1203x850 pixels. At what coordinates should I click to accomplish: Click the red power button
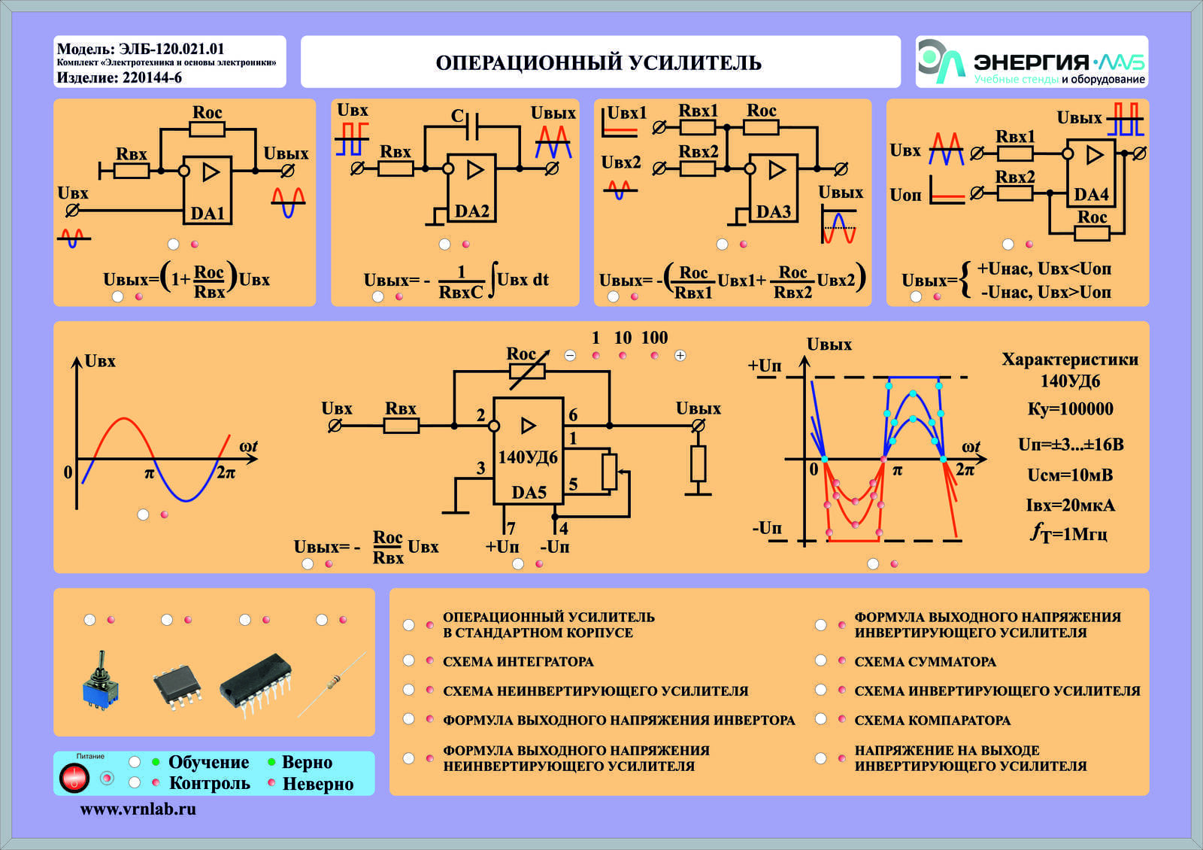(x=74, y=777)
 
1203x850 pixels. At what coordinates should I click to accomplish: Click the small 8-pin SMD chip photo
(x=177, y=686)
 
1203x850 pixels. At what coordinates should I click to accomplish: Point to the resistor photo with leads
(x=332, y=684)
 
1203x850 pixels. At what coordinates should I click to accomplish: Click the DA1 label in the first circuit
(x=208, y=214)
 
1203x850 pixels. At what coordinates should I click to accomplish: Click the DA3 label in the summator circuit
(x=774, y=211)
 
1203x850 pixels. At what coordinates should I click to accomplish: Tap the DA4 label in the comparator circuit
(x=1091, y=194)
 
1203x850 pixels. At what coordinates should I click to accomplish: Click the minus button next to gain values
(x=571, y=355)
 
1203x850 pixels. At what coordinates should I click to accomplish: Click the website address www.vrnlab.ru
(x=138, y=809)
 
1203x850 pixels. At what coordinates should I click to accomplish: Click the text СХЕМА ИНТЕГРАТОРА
(x=518, y=661)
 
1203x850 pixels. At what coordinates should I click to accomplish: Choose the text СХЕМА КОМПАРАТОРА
(x=932, y=720)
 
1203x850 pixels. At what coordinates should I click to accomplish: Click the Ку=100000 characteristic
(x=1071, y=409)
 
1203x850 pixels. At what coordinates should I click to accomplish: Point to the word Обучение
(x=209, y=762)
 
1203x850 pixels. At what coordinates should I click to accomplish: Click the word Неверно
(x=318, y=784)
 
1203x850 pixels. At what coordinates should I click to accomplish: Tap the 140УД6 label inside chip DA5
(x=528, y=457)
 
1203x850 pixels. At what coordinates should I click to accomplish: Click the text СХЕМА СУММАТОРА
(x=926, y=661)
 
